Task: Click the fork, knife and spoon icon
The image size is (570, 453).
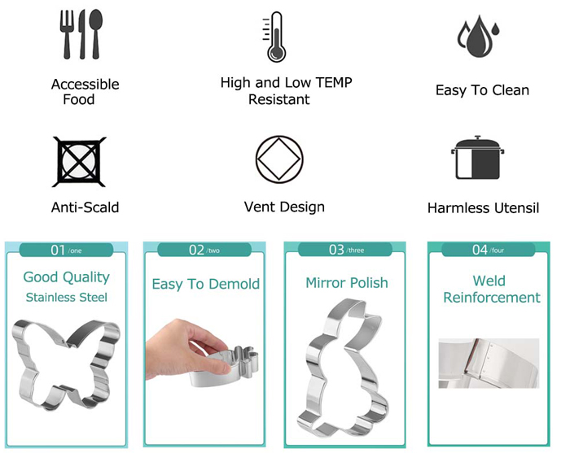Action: click(x=81, y=34)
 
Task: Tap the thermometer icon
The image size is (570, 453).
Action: click(x=275, y=37)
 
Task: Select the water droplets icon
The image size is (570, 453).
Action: click(x=479, y=36)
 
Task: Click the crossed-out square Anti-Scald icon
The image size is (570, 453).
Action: click(x=79, y=162)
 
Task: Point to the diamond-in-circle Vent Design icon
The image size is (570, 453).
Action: click(x=279, y=159)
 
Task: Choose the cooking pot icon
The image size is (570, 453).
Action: click(x=477, y=158)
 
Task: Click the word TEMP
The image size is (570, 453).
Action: click(x=333, y=82)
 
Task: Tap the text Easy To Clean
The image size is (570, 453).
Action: click(x=482, y=90)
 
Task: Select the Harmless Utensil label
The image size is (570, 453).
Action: click(x=483, y=208)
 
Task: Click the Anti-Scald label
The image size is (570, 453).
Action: click(x=85, y=207)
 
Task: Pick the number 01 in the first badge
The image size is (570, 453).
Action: click(x=58, y=250)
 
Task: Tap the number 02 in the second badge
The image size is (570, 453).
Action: click(x=196, y=250)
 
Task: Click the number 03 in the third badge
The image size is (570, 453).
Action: click(x=336, y=250)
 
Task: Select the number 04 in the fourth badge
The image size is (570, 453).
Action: click(x=480, y=250)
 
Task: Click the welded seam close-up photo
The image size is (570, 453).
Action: click(x=489, y=363)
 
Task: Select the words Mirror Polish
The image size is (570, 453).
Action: click(x=347, y=283)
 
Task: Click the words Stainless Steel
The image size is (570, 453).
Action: click(x=67, y=298)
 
